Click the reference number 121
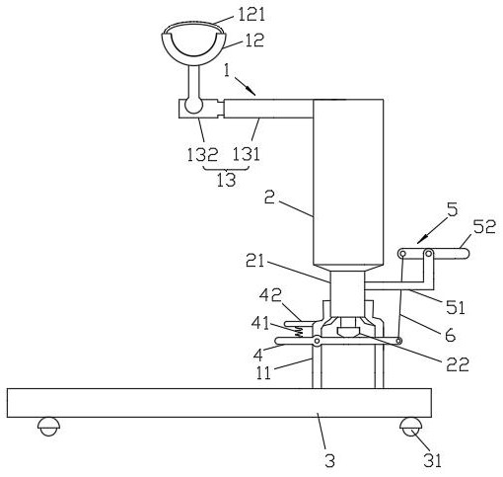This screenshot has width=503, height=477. tap(251, 15)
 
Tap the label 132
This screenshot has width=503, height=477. tap(202, 154)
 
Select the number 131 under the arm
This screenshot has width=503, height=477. tap(247, 154)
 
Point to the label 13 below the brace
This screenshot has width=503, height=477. tap(226, 180)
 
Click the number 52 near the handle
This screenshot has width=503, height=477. tap(483, 227)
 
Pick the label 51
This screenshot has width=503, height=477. tap(455, 308)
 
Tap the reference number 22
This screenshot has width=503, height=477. tap(457, 364)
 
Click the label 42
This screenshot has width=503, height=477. tap(270, 296)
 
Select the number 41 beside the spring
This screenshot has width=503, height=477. tap(260, 323)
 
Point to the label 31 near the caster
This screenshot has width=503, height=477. tap(432, 460)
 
